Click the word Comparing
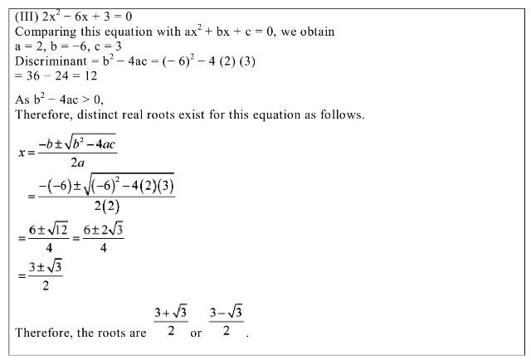[x=44, y=32]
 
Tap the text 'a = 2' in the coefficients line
[x=32, y=47]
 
